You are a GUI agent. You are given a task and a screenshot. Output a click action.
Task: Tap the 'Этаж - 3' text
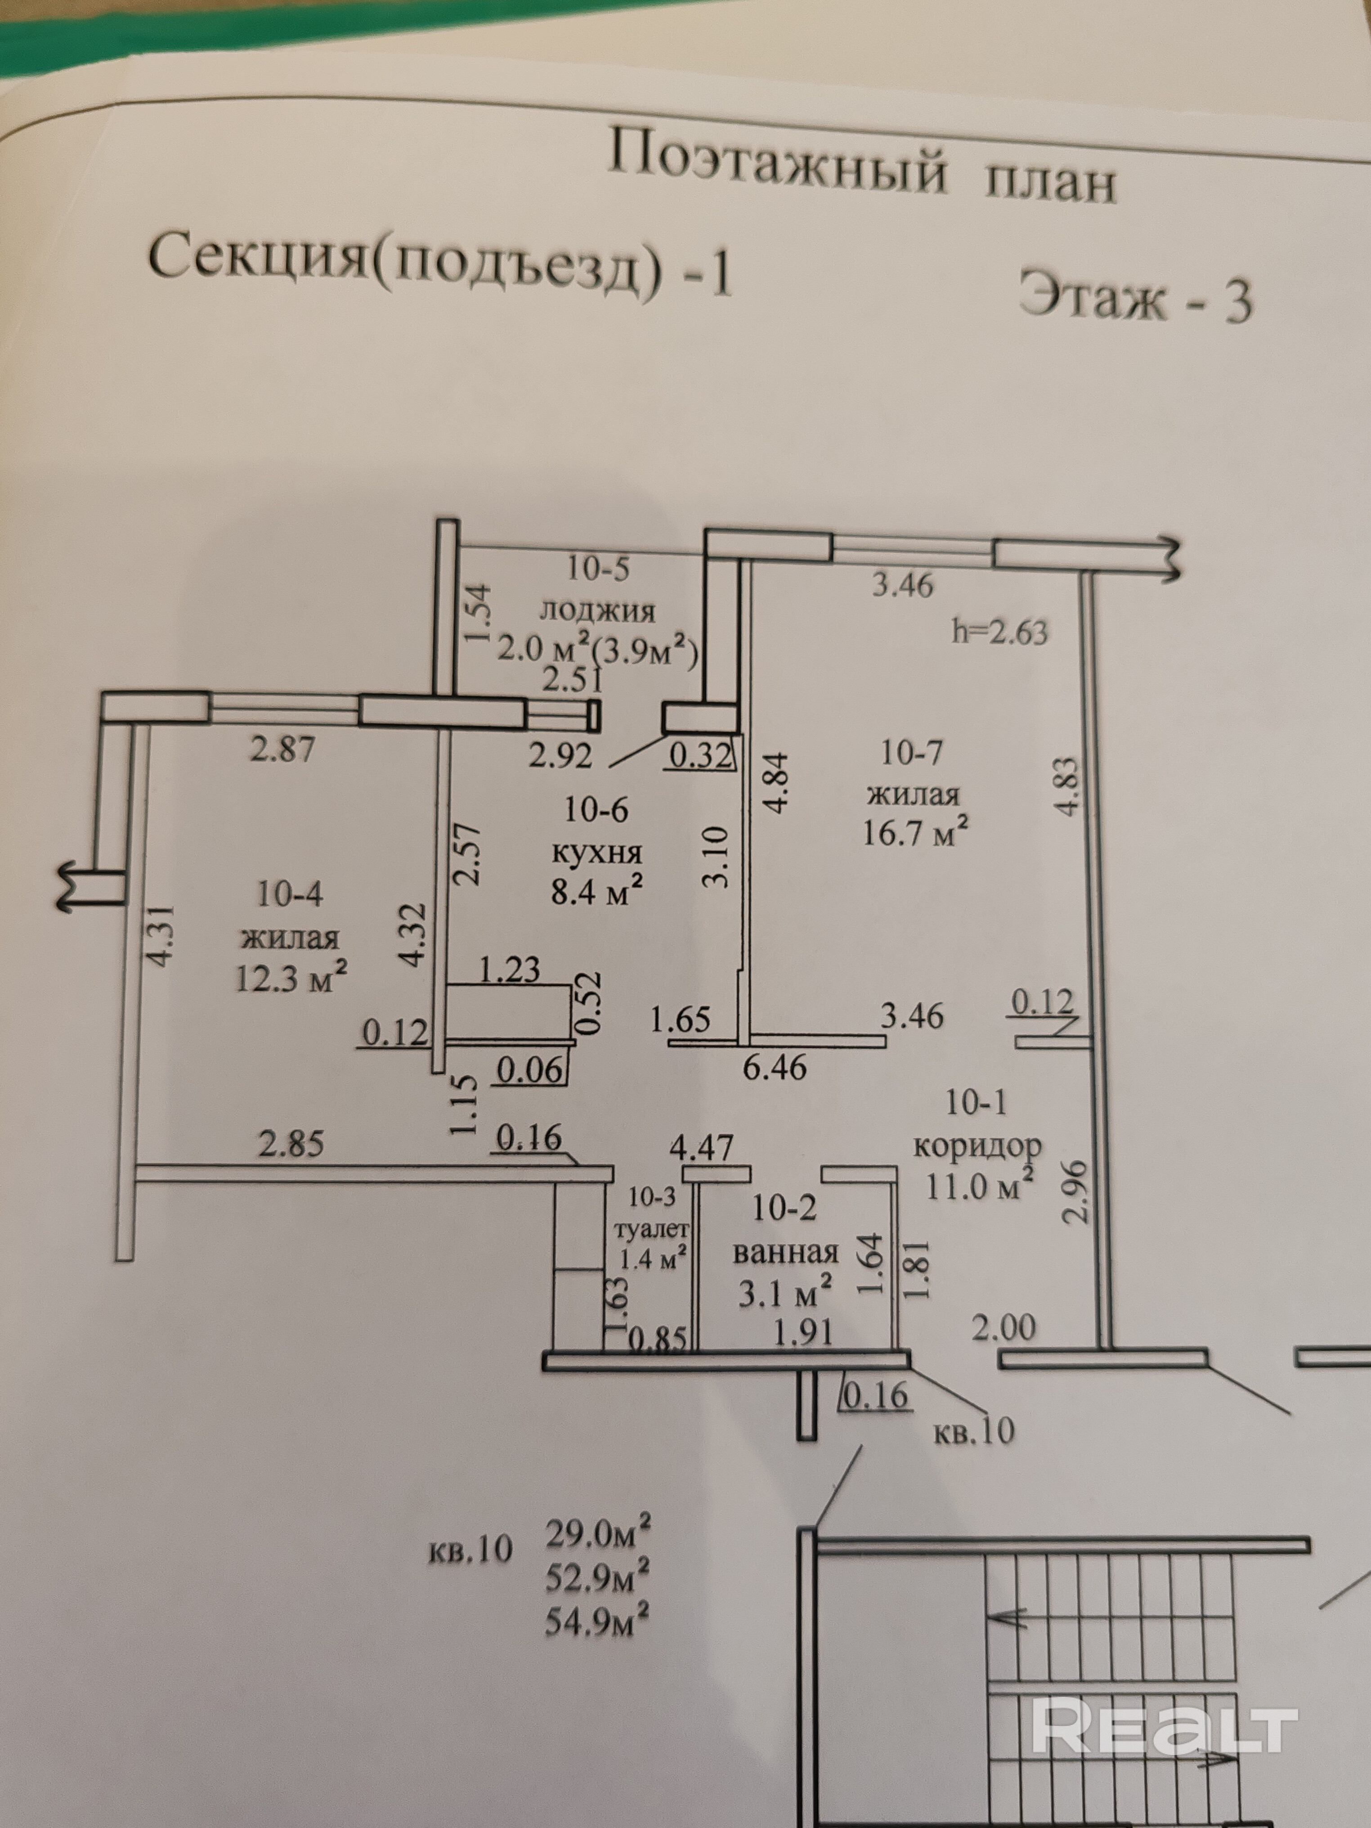1135,297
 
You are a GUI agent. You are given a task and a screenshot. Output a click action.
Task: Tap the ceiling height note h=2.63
999,632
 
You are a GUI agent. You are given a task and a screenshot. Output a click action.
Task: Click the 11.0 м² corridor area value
979,1187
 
